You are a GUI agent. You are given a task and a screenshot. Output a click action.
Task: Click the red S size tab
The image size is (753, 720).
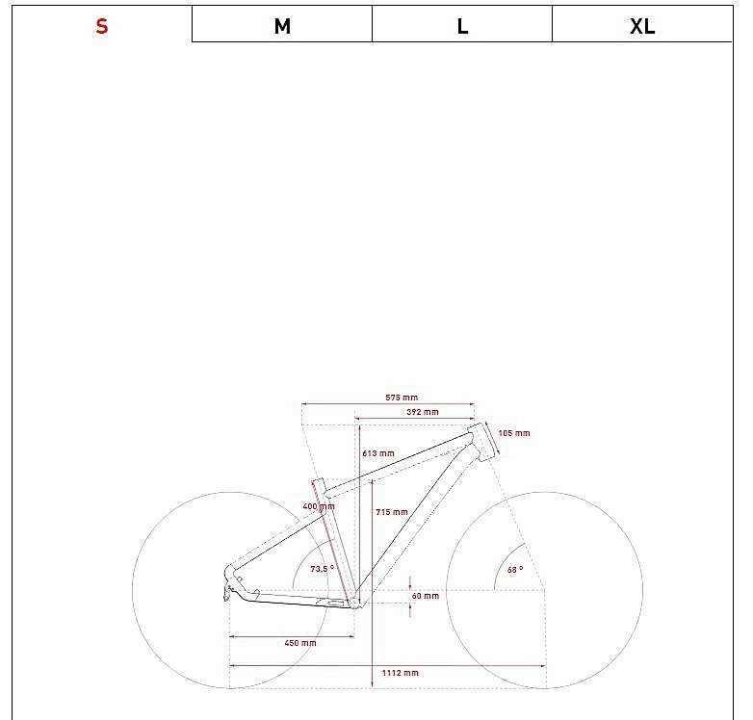point(102,26)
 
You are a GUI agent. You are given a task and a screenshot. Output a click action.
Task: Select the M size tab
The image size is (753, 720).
point(282,26)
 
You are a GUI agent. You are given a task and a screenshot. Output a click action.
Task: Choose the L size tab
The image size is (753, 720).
point(462,26)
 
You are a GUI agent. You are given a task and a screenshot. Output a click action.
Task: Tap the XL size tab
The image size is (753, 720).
point(642,26)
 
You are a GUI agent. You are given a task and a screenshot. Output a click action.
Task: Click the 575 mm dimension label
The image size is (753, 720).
point(402,398)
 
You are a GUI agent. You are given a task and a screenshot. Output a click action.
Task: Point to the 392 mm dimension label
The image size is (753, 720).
point(423,412)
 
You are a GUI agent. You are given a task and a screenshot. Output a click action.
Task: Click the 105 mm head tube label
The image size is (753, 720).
point(514,433)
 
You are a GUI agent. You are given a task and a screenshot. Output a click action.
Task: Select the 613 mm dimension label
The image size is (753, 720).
point(378,453)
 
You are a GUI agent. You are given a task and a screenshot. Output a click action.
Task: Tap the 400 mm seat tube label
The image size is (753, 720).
point(319,506)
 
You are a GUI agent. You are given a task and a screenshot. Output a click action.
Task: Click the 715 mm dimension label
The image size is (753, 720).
point(392,512)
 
